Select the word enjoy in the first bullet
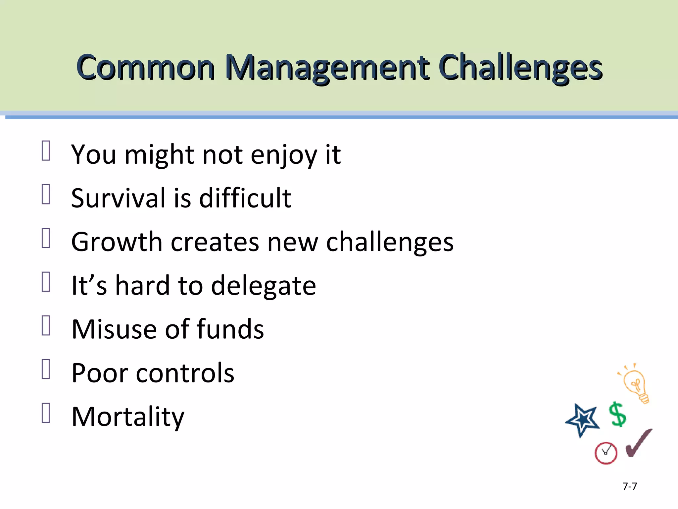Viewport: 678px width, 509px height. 283,155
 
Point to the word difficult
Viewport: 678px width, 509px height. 245,198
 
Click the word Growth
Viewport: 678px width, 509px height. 117,242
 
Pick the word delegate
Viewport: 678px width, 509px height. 263,286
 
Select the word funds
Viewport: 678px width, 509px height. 230,329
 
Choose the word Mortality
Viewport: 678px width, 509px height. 128,417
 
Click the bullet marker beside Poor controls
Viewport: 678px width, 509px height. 46,369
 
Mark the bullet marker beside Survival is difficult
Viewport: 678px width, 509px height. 46,194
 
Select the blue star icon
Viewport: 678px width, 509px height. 583,420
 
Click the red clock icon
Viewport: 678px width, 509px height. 606,453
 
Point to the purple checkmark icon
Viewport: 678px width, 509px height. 638,443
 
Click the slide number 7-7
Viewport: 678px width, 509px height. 630,486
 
